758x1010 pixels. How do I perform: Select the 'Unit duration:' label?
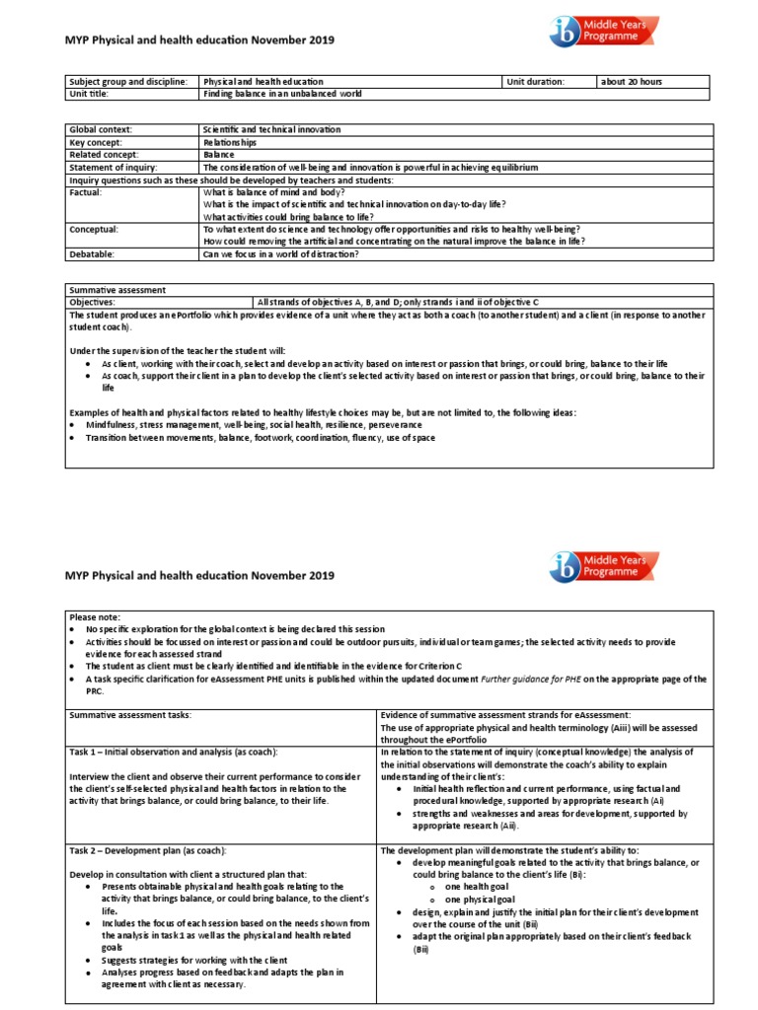(x=536, y=81)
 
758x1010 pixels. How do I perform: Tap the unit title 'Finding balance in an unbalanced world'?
(x=282, y=94)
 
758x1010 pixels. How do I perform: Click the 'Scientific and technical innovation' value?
(x=270, y=129)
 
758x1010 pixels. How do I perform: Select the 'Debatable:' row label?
(x=92, y=253)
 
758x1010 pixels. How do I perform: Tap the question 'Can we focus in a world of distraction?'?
(x=280, y=253)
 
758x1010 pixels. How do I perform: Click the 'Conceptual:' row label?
(x=94, y=229)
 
